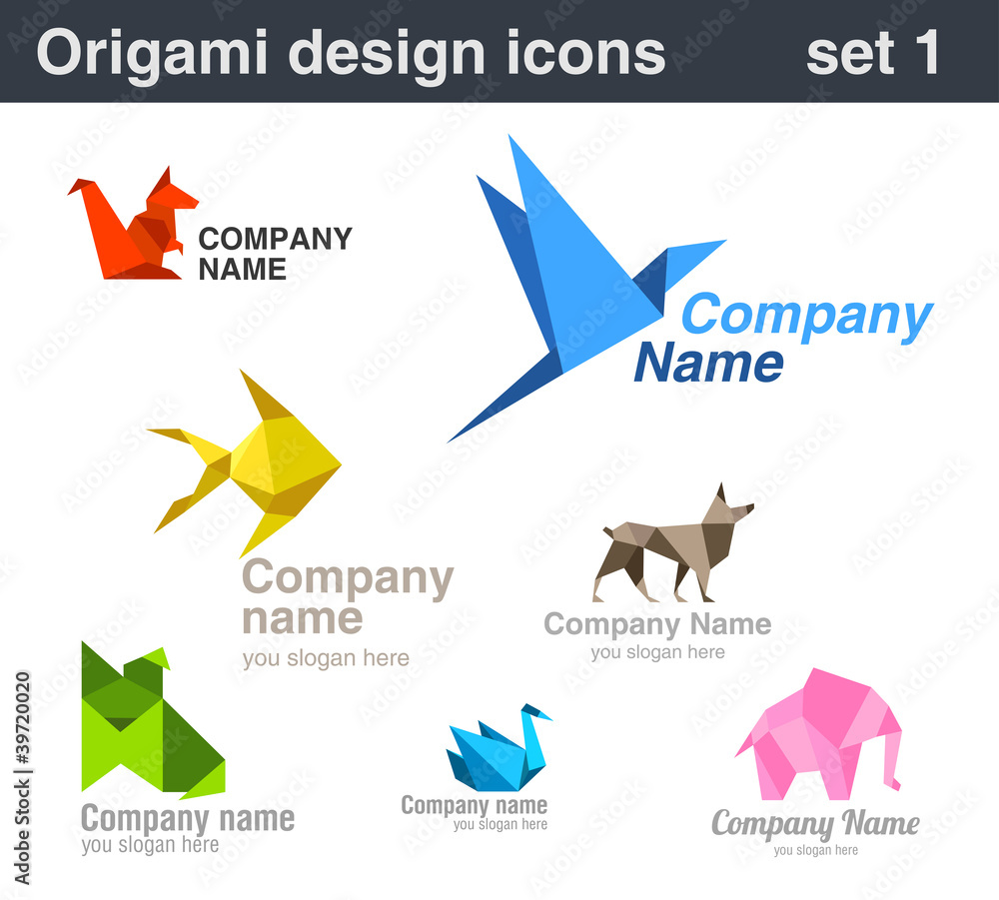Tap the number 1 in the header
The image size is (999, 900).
point(924,54)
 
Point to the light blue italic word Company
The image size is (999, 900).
point(807,316)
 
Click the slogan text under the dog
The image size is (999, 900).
point(657,652)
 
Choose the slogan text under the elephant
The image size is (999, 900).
point(815,850)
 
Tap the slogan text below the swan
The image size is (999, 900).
point(499,825)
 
